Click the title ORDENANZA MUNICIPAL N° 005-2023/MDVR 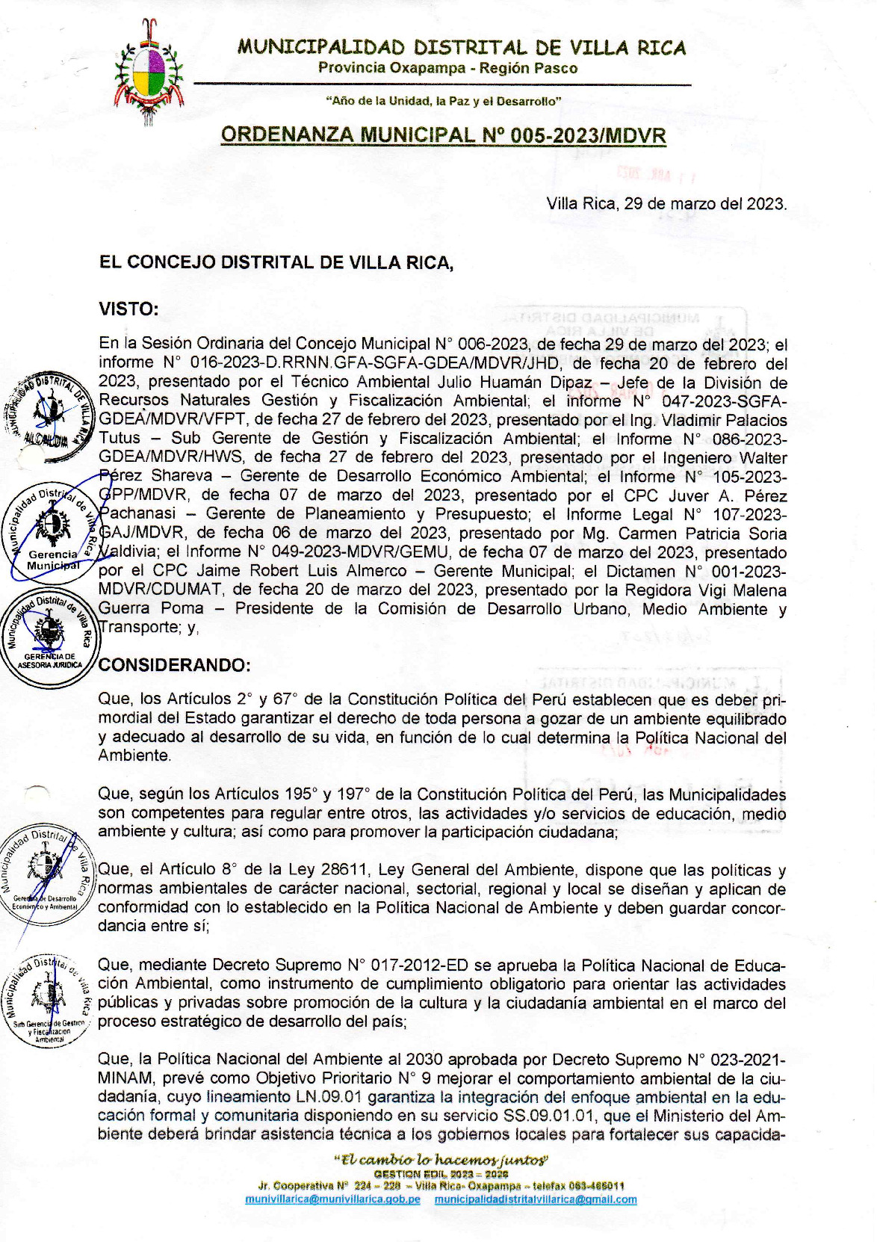click(x=443, y=135)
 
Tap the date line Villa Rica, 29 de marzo click(x=666, y=203)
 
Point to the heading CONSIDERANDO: click(x=175, y=664)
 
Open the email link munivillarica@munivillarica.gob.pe click(x=332, y=1199)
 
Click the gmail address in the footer click(x=536, y=1199)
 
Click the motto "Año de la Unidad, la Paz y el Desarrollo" click(x=443, y=100)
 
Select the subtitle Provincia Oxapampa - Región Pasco click(x=448, y=68)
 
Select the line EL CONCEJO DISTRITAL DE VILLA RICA click(x=276, y=262)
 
